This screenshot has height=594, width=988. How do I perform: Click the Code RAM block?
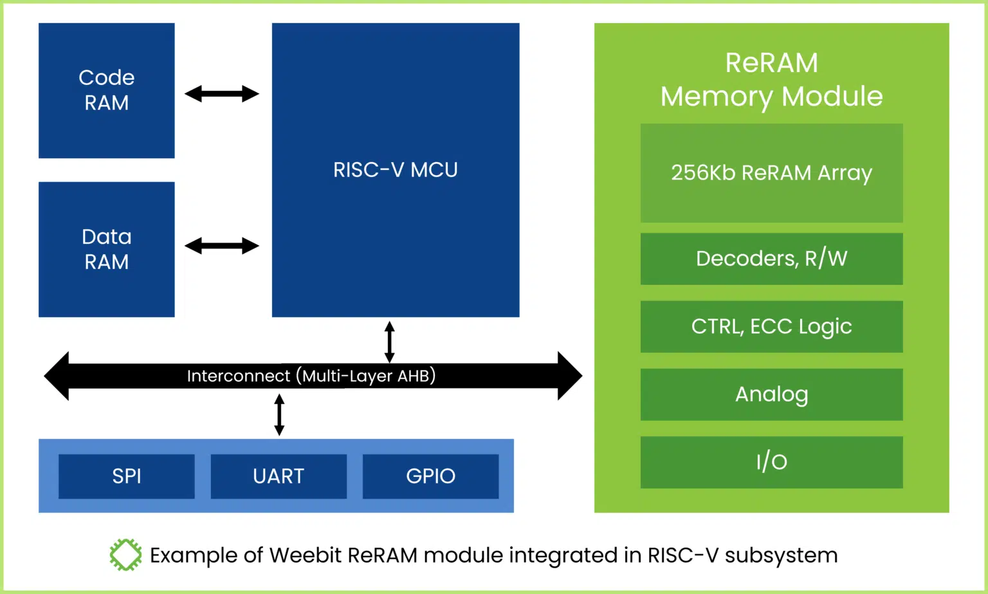[106, 91]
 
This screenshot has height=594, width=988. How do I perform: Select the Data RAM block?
[106, 249]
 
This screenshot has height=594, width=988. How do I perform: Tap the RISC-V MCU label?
[395, 170]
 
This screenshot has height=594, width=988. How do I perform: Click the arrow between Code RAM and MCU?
[221, 94]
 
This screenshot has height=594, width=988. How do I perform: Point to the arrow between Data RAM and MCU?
[221, 246]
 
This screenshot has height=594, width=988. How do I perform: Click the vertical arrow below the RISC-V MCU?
[389, 342]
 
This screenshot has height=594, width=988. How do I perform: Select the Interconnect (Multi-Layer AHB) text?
[311, 376]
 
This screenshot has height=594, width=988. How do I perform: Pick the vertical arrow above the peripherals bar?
[279, 414]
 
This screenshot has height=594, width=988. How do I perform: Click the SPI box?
[127, 476]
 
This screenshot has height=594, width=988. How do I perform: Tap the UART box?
[279, 476]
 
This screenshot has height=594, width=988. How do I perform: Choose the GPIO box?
[430, 476]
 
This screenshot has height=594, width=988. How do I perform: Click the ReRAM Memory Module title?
[771, 80]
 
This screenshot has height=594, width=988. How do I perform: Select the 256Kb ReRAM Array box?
[771, 173]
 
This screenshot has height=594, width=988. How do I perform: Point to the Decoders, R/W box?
[771, 259]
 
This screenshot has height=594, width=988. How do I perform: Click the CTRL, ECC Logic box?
[771, 327]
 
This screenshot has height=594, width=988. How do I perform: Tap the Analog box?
[771, 394]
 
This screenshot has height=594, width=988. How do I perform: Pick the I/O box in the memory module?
[771, 462]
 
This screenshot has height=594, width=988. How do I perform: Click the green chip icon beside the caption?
[125, 555]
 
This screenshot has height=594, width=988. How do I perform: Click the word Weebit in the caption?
[305, 555]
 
